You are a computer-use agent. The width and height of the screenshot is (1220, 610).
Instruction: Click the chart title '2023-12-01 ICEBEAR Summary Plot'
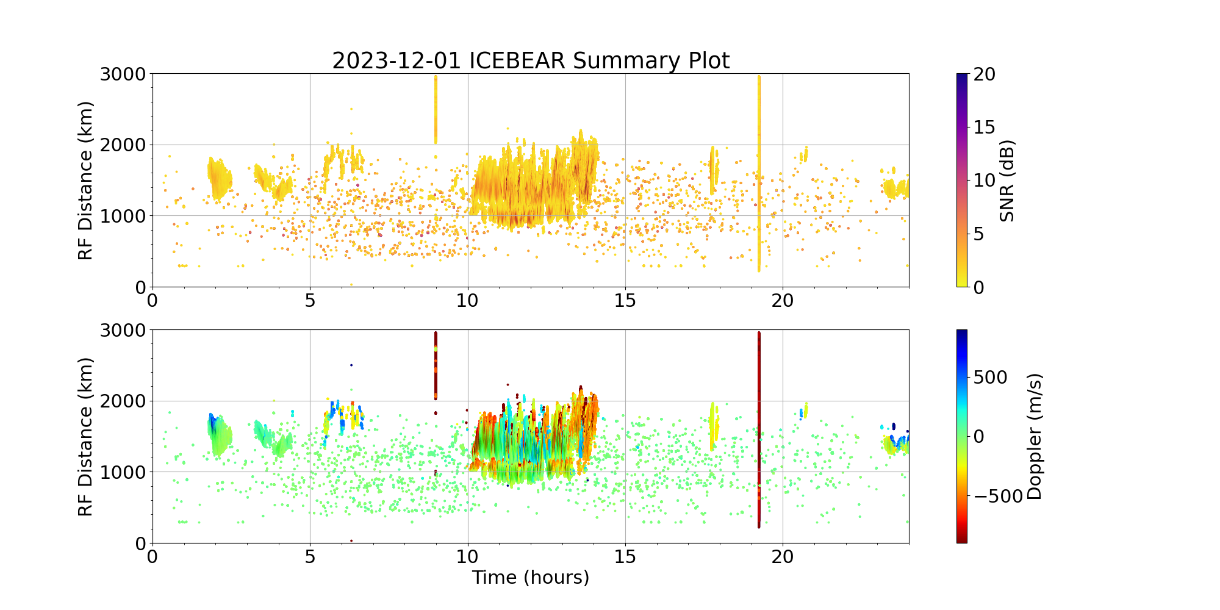click(x=531, y=61)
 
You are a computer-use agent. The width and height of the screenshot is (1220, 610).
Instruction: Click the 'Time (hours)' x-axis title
click(x=531, y=577)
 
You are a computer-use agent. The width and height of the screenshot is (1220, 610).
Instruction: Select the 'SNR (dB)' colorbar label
click(x=1007, y=181)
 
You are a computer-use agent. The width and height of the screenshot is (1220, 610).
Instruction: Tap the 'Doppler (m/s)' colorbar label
click(x=1035, y=437)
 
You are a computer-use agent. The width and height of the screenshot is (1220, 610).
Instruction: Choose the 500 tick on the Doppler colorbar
click(x=990, y=378)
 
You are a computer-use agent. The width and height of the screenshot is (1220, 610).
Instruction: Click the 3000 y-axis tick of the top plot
click(x=123, y=74)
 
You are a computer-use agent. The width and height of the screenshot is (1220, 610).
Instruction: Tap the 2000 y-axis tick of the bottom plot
click(x=123, y=401)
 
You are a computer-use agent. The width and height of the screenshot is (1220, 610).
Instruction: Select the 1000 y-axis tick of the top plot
click(x=123, y=216)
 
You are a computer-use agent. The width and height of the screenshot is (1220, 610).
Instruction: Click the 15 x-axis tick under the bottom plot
click(x=625, y=556)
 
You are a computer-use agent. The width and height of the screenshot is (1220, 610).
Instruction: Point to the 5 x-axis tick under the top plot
click(x=310, y=300)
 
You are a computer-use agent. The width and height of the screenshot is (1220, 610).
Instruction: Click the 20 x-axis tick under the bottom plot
click(x=783, y=556)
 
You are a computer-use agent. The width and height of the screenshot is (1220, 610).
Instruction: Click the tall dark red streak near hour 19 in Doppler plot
click(x=759, y=427)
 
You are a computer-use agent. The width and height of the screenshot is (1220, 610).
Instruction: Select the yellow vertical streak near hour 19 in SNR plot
click(x=759, y=171)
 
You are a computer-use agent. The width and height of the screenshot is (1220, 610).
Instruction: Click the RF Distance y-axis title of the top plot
click(x=86, y=181)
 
